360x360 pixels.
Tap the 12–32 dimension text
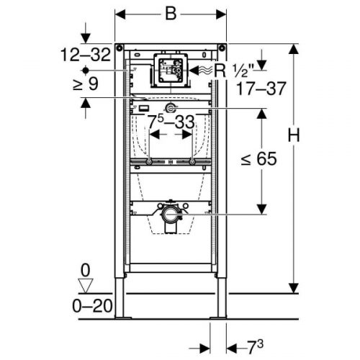tap(85, 54)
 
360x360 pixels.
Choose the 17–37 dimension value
tap(261, 89)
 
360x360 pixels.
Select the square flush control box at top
tap(171, 71)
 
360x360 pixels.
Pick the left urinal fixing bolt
tap(148, 164)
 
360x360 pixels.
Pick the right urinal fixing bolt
tap(194, 164)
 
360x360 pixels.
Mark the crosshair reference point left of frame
tap(86, 71)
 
